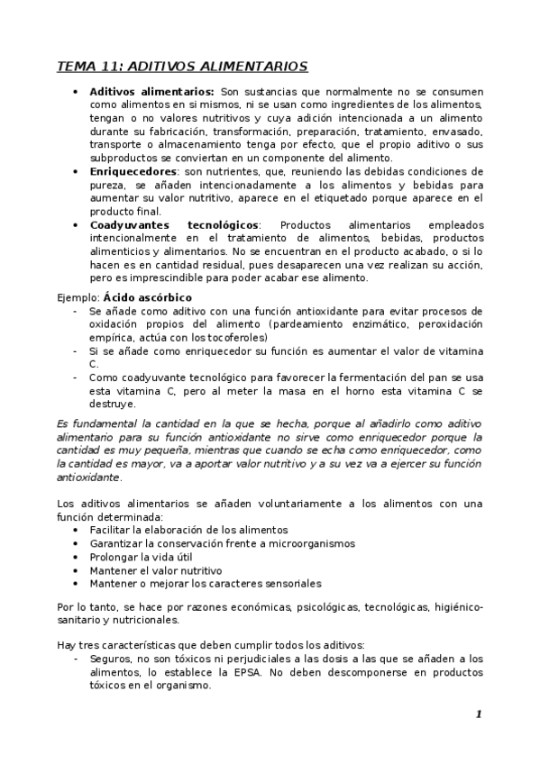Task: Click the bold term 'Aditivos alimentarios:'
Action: [151, 92]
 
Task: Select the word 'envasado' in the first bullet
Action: [458, 131]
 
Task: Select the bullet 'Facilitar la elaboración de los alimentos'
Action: [188, 530]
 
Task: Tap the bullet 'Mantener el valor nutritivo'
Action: [155, 570]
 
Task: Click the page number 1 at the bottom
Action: [479, 714]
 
